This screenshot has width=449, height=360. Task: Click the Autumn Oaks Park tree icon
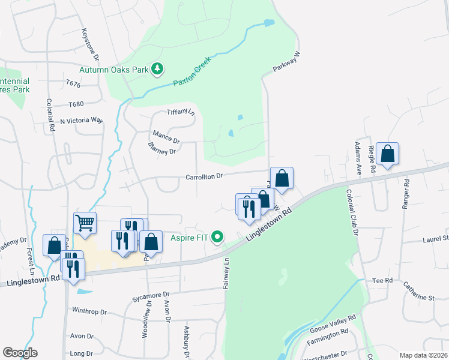(x=157, y=70)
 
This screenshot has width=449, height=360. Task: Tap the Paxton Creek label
(x=192, y=71)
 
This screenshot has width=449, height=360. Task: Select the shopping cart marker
(x=85, y=223)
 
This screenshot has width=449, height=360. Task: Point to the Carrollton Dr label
(x=204, y=176)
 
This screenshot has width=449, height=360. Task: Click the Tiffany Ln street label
(x=181, y=112)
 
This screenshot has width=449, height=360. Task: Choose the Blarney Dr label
(x=161, y=148)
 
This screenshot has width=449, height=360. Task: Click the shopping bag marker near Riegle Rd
(x=387, y=154)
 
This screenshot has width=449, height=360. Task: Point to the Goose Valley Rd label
(x=333, y=323)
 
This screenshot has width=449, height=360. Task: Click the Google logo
(x=20, y=353)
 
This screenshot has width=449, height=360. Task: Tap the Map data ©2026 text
(x=423, y=355)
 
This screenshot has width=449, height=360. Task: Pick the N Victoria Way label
(x=82, y=121)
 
